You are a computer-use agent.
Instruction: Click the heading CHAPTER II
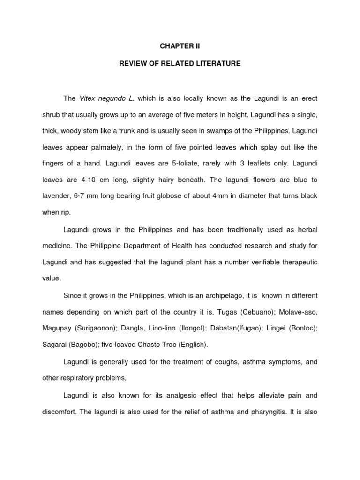[180, 47]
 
